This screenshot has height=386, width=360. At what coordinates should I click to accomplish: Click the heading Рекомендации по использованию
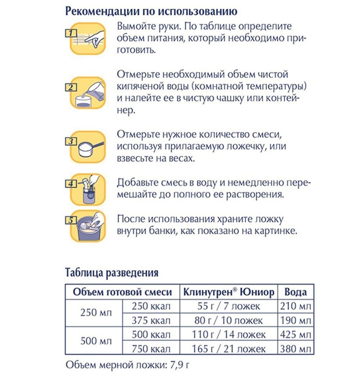151,10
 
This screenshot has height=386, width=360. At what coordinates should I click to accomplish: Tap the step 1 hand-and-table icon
85,36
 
